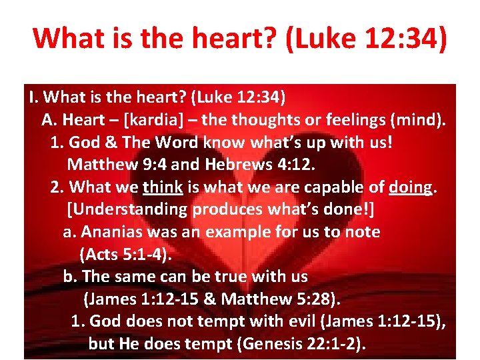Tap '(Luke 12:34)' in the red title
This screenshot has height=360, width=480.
[x=365, y=38]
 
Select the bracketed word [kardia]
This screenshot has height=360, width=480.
[x=160, y=121]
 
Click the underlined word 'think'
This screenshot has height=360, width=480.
[x=163, y=187]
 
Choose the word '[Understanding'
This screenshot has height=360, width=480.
[x=128, y=209]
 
